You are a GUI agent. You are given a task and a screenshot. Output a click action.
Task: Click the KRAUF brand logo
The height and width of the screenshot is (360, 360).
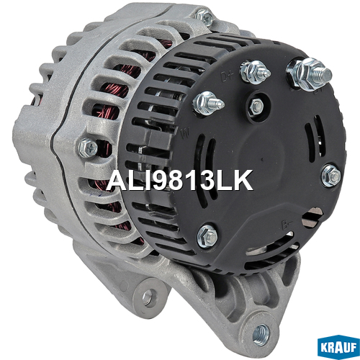(338, 347)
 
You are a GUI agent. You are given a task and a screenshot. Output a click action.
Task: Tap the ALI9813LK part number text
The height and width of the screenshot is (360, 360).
(180, 180)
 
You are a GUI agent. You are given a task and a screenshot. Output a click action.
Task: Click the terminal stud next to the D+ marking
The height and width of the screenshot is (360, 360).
(256, 72)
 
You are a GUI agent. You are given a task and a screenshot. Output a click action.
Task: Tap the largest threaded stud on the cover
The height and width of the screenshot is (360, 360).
(309, 74)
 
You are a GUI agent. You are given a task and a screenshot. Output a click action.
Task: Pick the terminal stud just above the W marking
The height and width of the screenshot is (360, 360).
(208, 104)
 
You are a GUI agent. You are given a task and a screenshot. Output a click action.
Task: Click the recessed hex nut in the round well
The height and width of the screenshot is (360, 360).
(257, 106)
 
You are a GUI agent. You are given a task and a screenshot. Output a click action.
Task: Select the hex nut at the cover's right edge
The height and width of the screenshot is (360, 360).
(331, 176)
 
